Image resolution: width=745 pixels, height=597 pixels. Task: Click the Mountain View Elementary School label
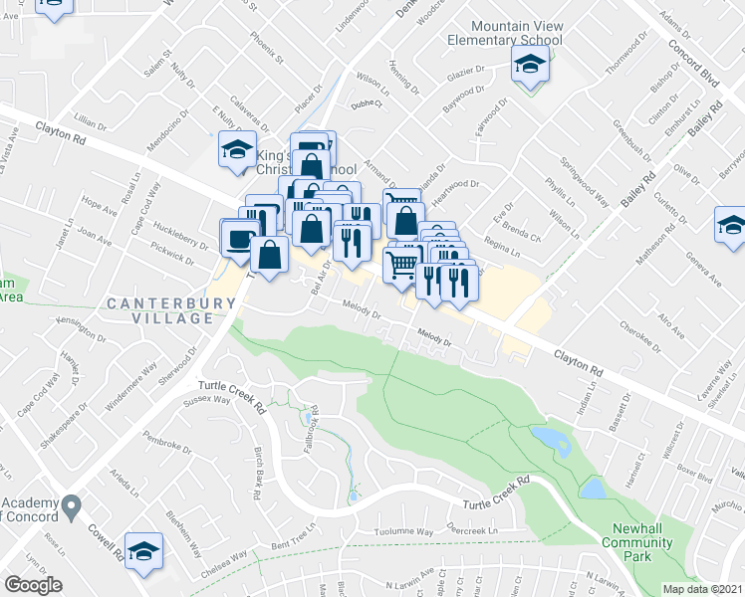[517, 33]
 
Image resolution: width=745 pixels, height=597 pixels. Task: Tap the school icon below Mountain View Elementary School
[530, 67]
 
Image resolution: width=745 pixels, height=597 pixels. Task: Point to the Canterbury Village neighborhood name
[160, 310]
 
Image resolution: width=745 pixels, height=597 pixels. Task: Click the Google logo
[34, 585]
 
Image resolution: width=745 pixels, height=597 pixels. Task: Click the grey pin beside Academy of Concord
[72, 507]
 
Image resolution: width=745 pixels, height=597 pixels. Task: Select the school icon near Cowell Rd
[144, 549]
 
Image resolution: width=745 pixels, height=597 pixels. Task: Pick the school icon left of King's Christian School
[237, 151]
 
